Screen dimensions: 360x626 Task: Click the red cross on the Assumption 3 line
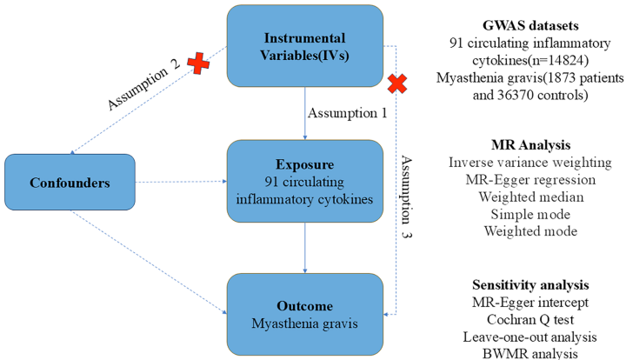click(398, 84)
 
